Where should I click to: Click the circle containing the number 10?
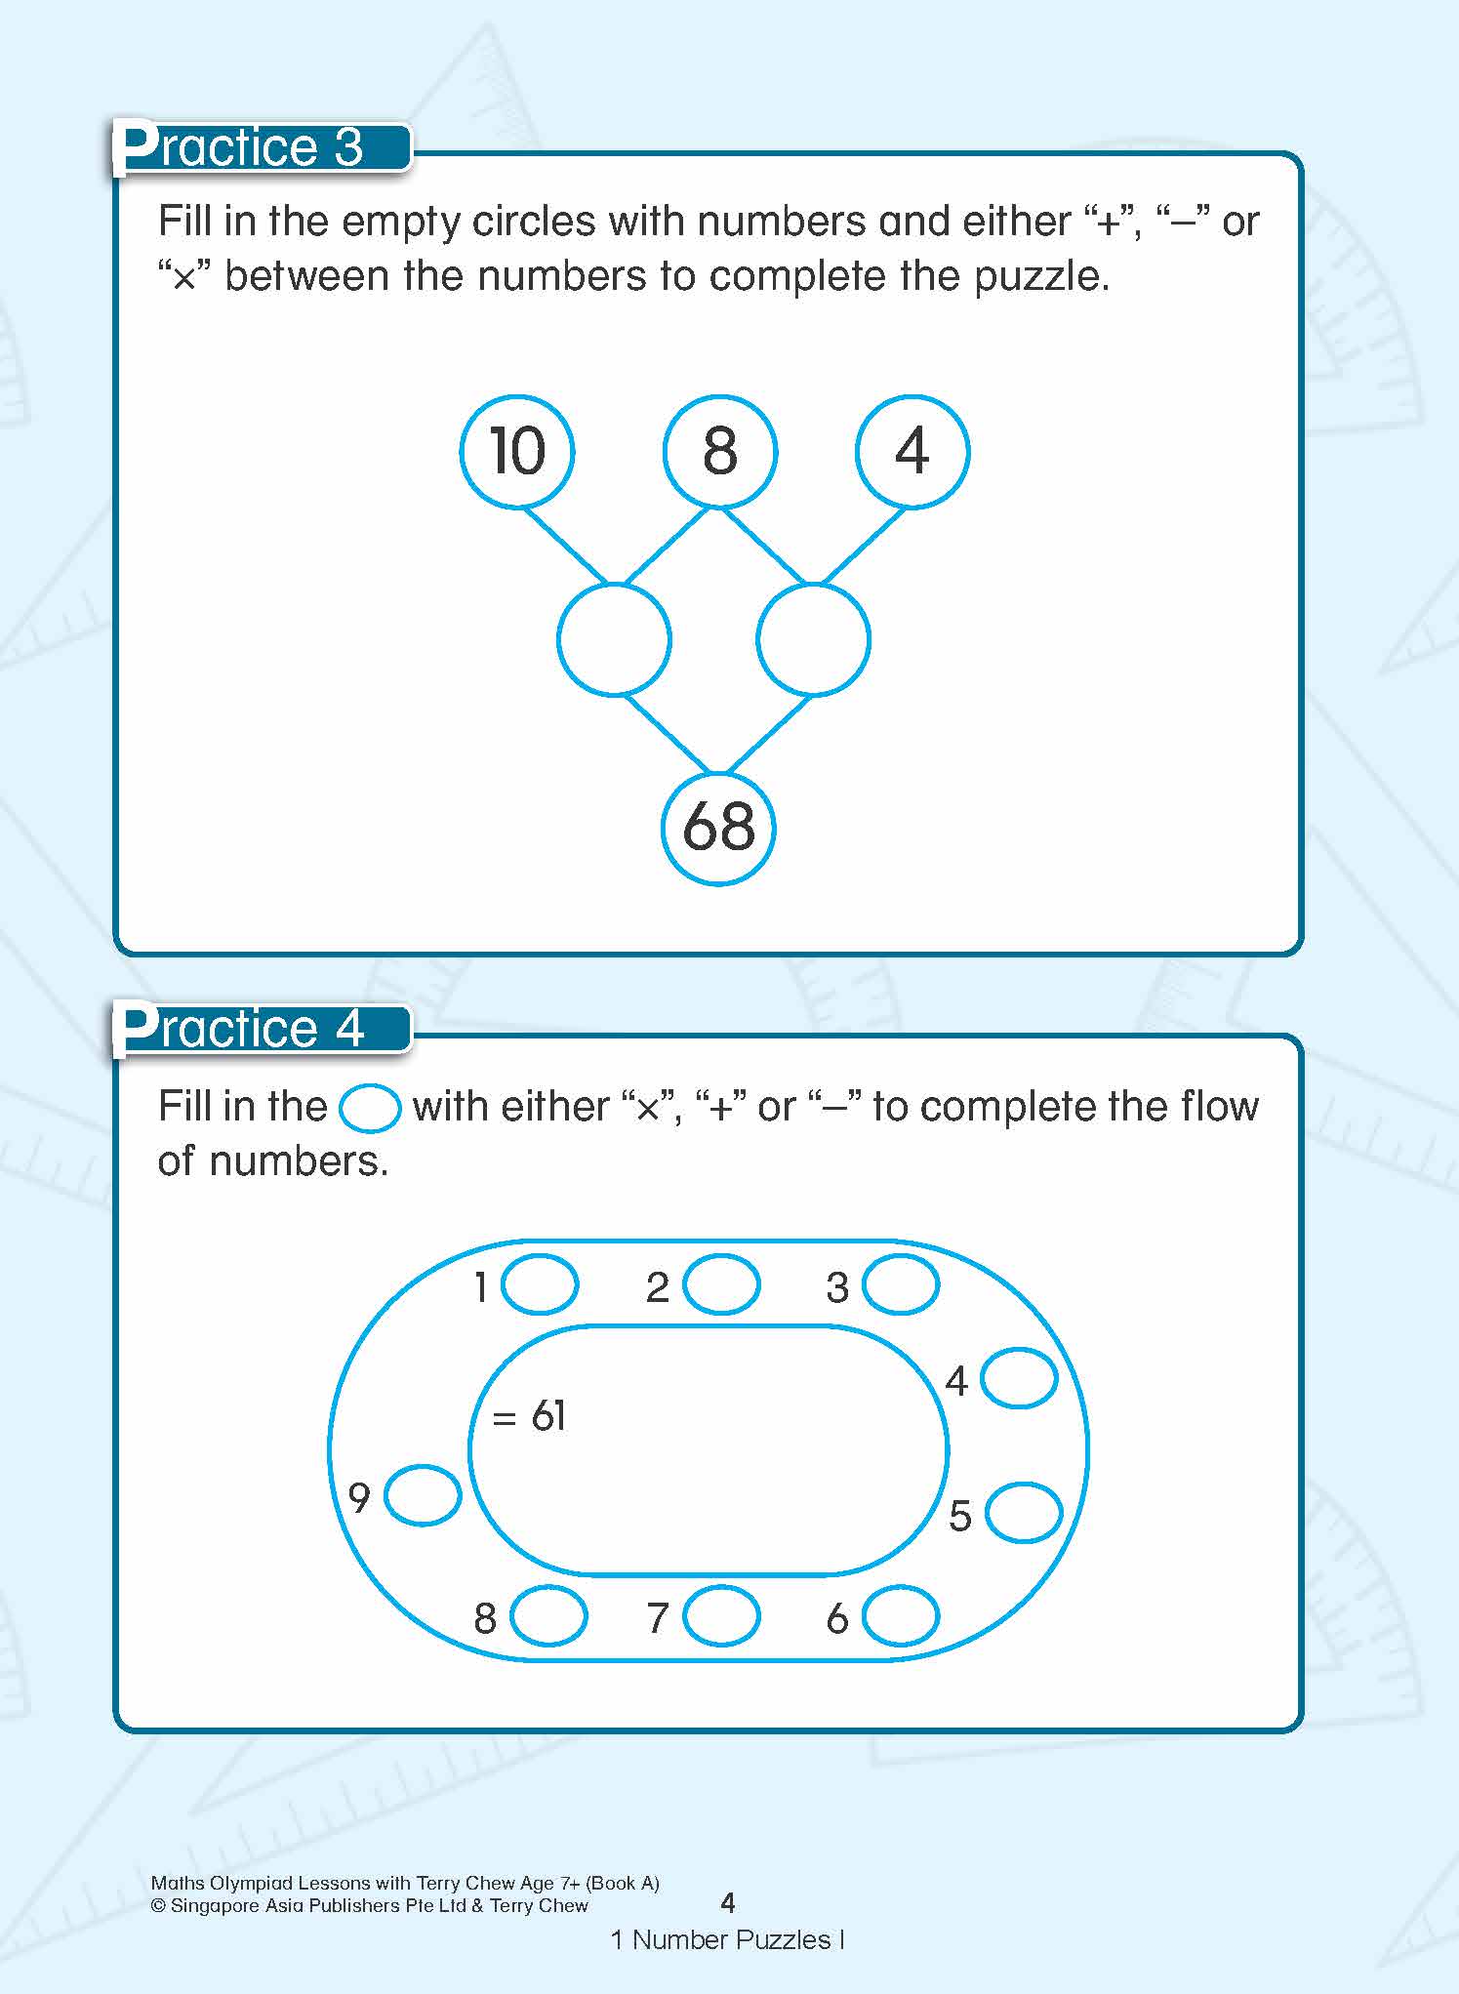pos(517,451)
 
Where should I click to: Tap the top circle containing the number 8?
pos(720,451)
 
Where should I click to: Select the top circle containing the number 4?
pos(912,451)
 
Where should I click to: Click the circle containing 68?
pos(719,828)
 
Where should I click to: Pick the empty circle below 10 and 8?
pos(614,639)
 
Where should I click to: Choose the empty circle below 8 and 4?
pos(813,639)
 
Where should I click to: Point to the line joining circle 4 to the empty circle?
pos(864,545)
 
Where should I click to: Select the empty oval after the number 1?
pos(540,1284)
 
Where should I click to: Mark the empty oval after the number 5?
pos(1024,1513)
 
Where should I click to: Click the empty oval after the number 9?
pos(423,1494)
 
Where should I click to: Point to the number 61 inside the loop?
pos(548,1415)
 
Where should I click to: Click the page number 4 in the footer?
pos(727,1902)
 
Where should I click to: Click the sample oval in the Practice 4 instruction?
pos(370,1108)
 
